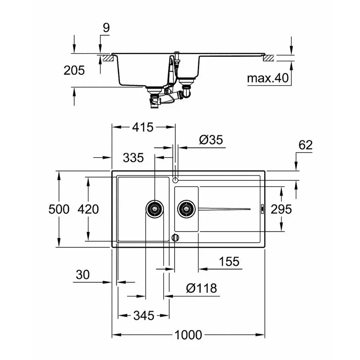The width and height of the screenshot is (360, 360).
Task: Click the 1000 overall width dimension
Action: [x=188, y=335]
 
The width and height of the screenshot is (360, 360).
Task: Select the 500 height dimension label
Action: [x=59, y=209]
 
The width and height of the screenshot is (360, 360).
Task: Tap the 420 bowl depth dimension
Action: [x=88, y=209]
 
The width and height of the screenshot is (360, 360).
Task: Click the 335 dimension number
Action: [x=133, y=158]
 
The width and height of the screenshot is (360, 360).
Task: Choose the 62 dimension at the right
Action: [x=305, y=145]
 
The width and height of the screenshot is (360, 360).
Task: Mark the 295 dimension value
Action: [x=280, y=209]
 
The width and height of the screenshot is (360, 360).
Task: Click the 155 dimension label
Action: [x=229, y=262]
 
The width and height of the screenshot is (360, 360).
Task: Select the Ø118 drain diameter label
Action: [x=202, y=288]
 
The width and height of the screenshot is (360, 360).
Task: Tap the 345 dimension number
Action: [x=143, y=316]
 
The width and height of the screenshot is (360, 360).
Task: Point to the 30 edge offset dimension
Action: [x=82, y=275]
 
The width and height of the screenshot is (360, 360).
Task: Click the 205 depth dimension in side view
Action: [x=74, y=70]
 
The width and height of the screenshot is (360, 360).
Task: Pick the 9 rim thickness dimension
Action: [x=106, y=28]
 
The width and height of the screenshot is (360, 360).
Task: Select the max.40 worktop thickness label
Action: [x=268, y=78]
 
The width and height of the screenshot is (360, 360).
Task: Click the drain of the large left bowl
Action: [x=154, y=209]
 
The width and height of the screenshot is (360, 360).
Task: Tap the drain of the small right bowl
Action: [x=186, y=209]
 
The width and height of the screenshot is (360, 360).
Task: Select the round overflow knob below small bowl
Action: [x=174, y=237]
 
